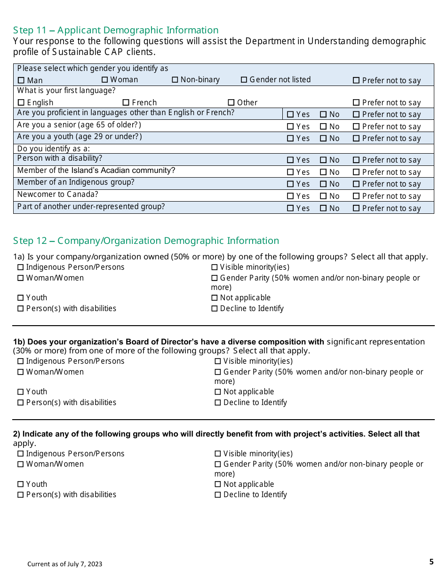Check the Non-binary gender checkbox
click(x=175, y=80)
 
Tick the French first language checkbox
click(x=126, y=102)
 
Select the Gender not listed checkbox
click(x=244, y=80)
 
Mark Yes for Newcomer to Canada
click(x=290, y=196)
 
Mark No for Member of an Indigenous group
click(x=323, y=184)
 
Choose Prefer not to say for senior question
click(x=356, y=127)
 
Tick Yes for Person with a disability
click(x=290, y=160)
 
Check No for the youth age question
click(x=323, y=139)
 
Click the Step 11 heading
click(x=116, y=30)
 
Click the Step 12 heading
click(x=146, y=241)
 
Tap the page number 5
click(x=431, y=562)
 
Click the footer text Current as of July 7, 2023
click(x=64, y=564)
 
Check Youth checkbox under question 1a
click(x=20, y=298)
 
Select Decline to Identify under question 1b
click(x=218, y=403)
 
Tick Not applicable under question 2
click(x=218, y=484)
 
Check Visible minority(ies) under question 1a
click(x=215, y=267)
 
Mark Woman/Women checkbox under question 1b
click(x=20, y=372)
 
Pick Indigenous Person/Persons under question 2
click(x=20, y=454)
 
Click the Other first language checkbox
click(x=231, y=102)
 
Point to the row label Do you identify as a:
click(x=53, y=149)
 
